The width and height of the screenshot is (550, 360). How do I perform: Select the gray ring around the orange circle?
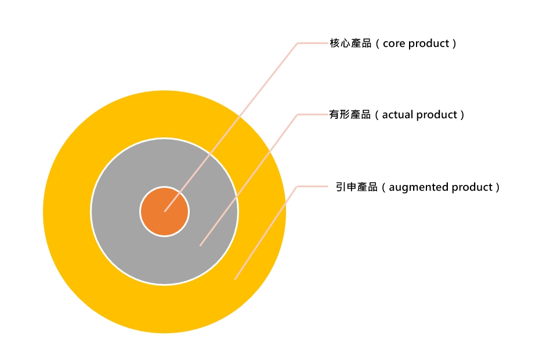[116, 212]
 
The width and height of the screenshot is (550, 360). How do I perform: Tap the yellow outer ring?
[67, 212]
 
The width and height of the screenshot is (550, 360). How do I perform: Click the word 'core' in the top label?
[394, 44]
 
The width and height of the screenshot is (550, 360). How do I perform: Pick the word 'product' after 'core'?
[429, 44]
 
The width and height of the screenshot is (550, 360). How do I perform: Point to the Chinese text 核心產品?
[350, 43]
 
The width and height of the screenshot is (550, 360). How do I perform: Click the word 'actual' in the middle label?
[398, 115]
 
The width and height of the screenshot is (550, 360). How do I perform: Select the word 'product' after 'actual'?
[437, 115]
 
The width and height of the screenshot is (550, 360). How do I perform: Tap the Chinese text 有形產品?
[350, 115]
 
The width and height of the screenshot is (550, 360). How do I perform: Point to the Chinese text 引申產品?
[357, 187]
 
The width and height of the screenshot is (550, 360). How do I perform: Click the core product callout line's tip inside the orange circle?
[165, 211]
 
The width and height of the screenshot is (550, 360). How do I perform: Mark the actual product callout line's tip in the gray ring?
[200, 245]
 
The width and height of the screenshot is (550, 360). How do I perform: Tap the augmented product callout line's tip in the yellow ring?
[235, 279]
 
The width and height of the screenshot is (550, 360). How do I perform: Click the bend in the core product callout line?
[298, 43]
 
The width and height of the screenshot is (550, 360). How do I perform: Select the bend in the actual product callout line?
[298, 115]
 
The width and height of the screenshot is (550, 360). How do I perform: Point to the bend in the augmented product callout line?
[297, 187]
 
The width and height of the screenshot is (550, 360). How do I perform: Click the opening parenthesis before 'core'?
[378, 44]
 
